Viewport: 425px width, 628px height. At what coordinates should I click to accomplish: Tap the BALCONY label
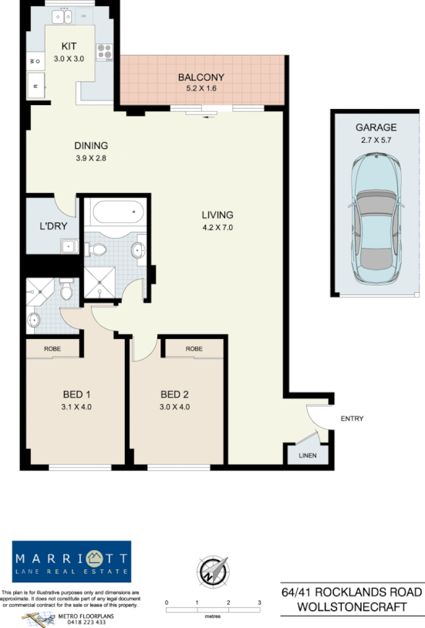201,77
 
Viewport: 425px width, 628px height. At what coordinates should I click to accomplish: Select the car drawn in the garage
376,220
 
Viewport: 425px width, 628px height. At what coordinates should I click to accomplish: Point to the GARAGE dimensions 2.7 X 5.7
376,141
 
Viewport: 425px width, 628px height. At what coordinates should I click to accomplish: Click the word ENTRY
351,419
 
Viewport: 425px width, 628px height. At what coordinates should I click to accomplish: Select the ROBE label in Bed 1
52,349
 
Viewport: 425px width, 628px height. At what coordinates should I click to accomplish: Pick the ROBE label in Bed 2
194,349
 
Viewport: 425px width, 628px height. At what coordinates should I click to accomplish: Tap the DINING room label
91,145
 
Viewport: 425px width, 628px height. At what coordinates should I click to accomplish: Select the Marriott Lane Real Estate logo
72,562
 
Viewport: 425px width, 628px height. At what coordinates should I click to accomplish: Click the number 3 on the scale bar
260,601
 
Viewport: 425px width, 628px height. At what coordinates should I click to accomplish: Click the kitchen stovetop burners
104,52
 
